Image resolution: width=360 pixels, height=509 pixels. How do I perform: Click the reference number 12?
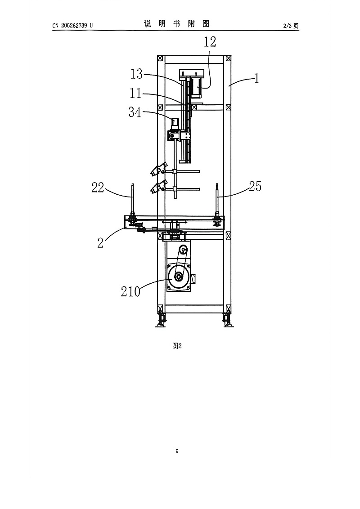[210, 42]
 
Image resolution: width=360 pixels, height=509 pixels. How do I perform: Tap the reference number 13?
[136, 74]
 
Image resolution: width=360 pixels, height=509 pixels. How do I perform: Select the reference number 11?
[135, 94]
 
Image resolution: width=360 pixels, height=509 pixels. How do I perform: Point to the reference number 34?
[135, 112]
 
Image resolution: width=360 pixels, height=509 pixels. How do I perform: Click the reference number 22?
[98, 188]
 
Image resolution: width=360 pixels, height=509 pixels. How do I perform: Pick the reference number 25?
[256, 186]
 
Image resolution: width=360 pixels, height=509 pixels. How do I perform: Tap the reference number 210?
[130, 291]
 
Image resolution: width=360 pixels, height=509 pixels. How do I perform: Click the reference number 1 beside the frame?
[256, 79]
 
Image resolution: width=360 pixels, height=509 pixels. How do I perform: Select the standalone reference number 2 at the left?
[100, 242]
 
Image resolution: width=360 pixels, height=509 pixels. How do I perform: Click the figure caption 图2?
[177, 346]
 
